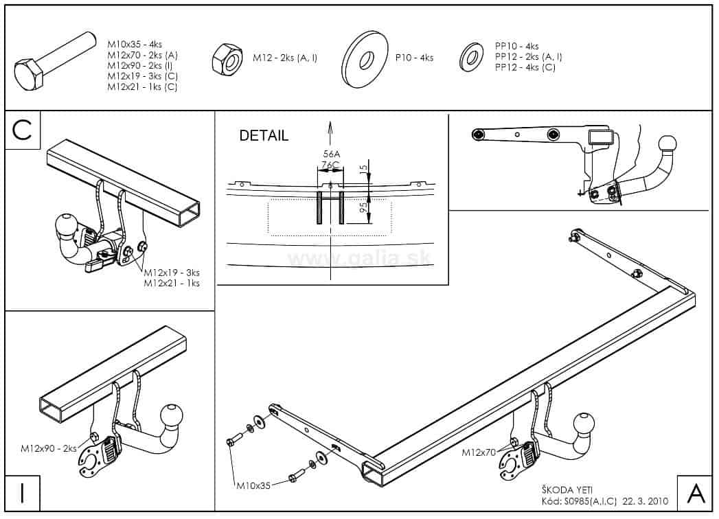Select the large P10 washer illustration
click(365, 58)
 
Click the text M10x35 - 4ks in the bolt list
click(135, 43)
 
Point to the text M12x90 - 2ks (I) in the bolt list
click(139, 65)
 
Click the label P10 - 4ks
click(414, 58)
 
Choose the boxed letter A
click(695, 493)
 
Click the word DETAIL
click(264, 136)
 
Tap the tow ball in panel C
click(67, 225)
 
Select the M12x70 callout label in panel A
click(478, 452)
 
